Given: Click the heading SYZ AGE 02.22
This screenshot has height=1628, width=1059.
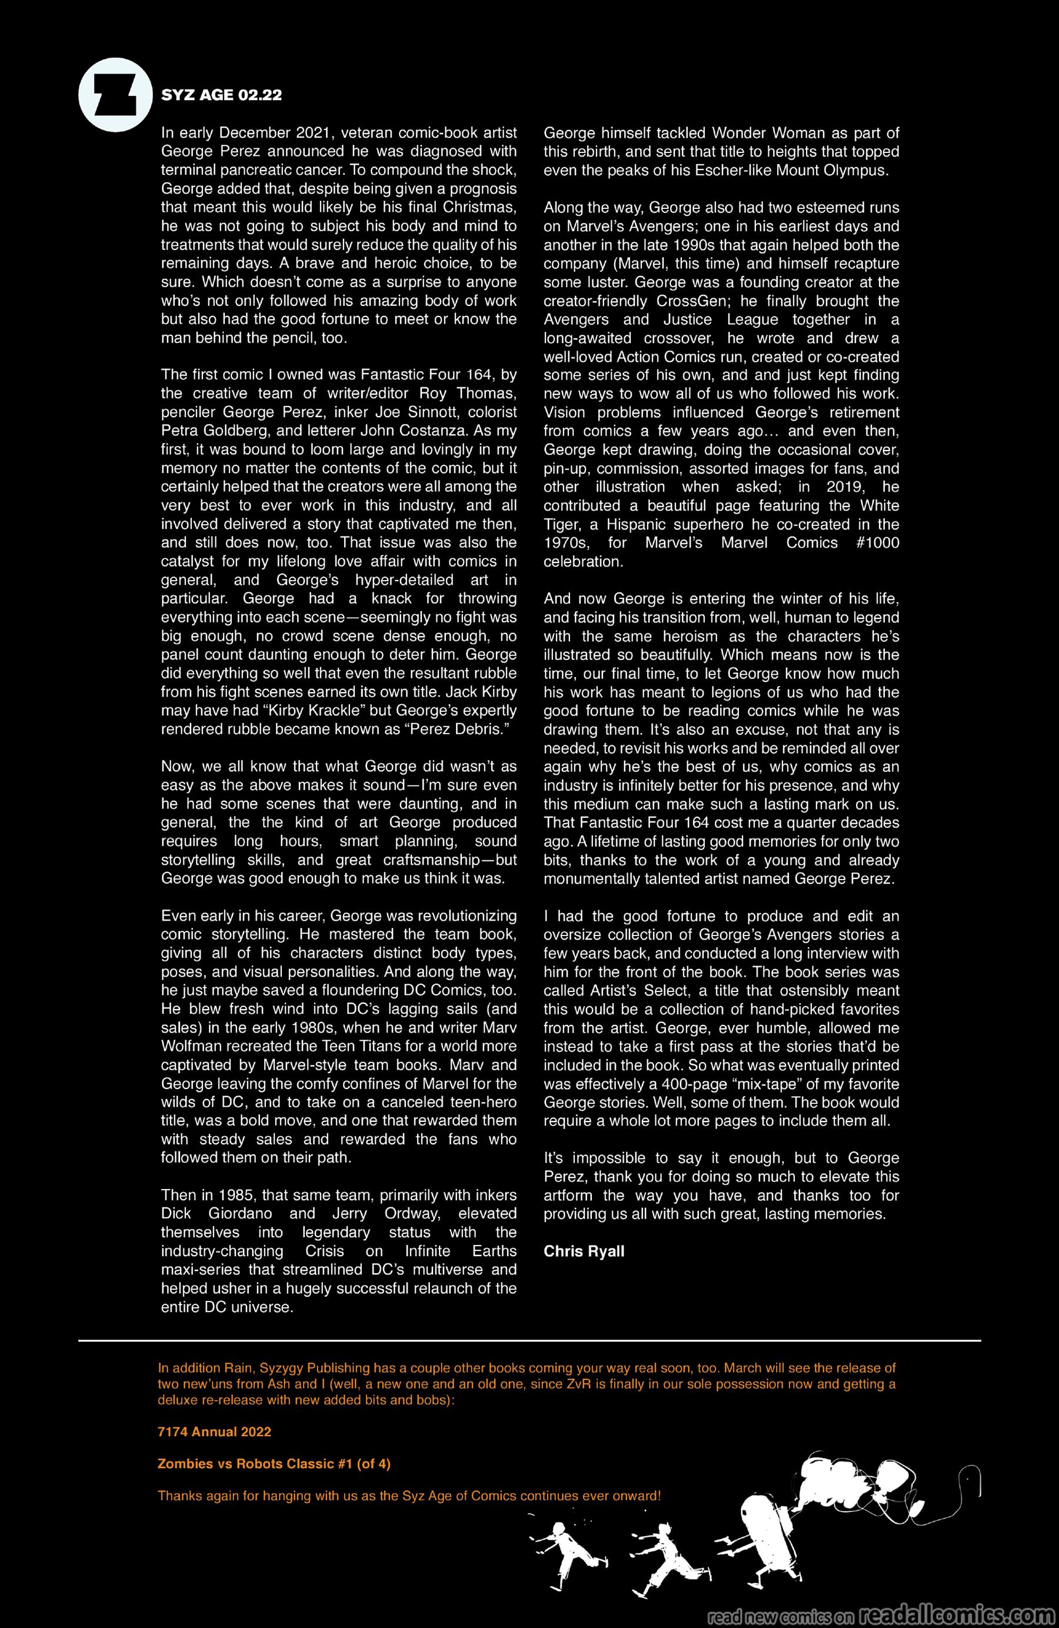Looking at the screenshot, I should [221, 95].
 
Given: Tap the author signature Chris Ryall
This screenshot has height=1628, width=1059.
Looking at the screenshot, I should [584, 1251].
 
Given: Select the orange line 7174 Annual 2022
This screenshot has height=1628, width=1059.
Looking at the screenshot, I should [214, 1431].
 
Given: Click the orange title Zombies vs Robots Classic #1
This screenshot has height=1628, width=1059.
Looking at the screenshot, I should [274, 1464].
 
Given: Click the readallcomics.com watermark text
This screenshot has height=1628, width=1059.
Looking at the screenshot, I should [954, 1613].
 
